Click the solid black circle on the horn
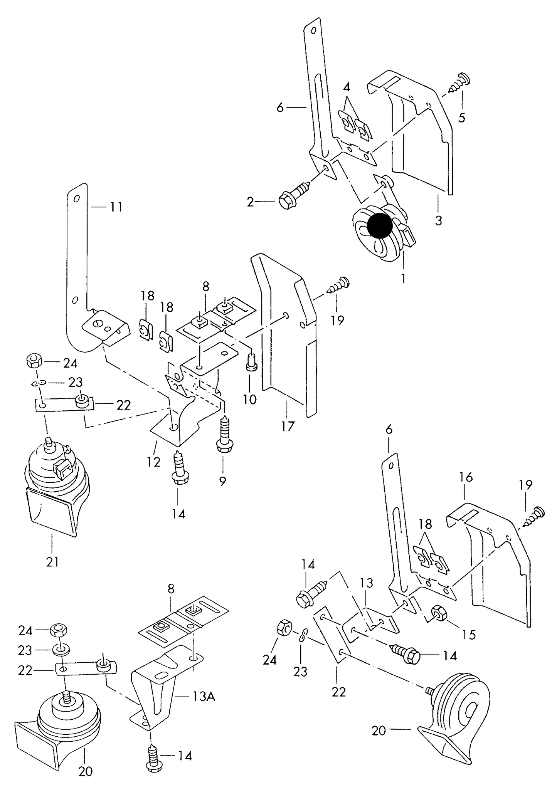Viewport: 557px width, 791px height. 380,226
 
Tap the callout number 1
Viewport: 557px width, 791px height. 403,278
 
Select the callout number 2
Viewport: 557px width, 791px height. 251,202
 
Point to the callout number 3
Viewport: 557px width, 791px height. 438,221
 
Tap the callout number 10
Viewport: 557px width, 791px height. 250,399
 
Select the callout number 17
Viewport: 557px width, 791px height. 288,426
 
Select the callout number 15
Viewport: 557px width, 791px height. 469,635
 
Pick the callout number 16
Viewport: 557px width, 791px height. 466,477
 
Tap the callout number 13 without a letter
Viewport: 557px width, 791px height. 367,583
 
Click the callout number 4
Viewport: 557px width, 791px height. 347,87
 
